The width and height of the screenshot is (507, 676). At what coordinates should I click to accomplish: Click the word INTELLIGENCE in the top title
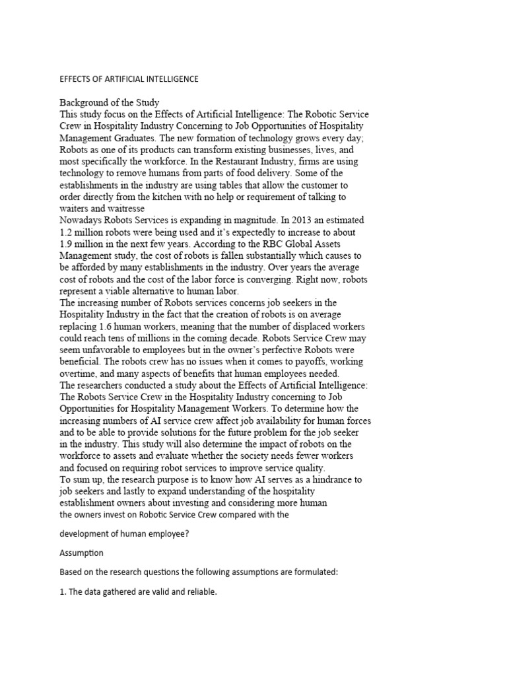tap(166, 79)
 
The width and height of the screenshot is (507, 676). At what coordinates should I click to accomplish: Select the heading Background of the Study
tap(110, 102)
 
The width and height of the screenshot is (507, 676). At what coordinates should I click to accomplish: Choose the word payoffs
tap(295, 362)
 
